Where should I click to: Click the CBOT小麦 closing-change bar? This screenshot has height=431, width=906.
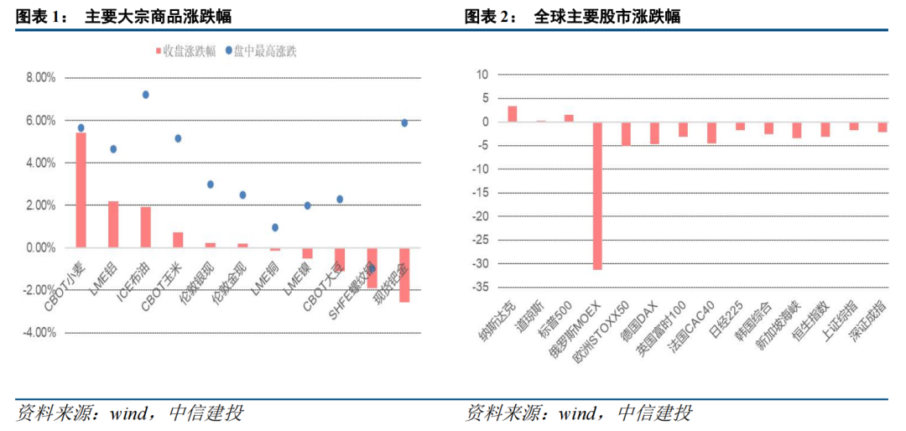(x=81, y=190)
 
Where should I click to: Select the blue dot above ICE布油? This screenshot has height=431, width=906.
(x=145, y=95)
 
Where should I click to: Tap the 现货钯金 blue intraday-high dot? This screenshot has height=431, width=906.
(x=404, y=122)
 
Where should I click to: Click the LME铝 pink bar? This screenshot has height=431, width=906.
(x=113, y=225)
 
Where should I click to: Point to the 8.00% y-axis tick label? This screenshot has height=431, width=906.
(x=39, y=78)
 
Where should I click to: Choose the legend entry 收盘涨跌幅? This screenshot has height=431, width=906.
(x=185, y=50)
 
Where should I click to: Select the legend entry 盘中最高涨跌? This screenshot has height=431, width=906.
(x=262, y=50)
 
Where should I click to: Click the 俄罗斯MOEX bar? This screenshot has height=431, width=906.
(x=597, y=196)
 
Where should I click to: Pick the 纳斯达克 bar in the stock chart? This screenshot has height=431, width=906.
(x=512, y=114)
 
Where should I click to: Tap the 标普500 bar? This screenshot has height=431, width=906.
(x=569, y=118)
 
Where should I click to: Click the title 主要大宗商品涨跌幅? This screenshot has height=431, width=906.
(x=159, y=16)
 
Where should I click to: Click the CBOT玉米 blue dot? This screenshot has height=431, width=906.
(x=178, y=138)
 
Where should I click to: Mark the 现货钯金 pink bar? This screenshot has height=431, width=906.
(x=404, y=275)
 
